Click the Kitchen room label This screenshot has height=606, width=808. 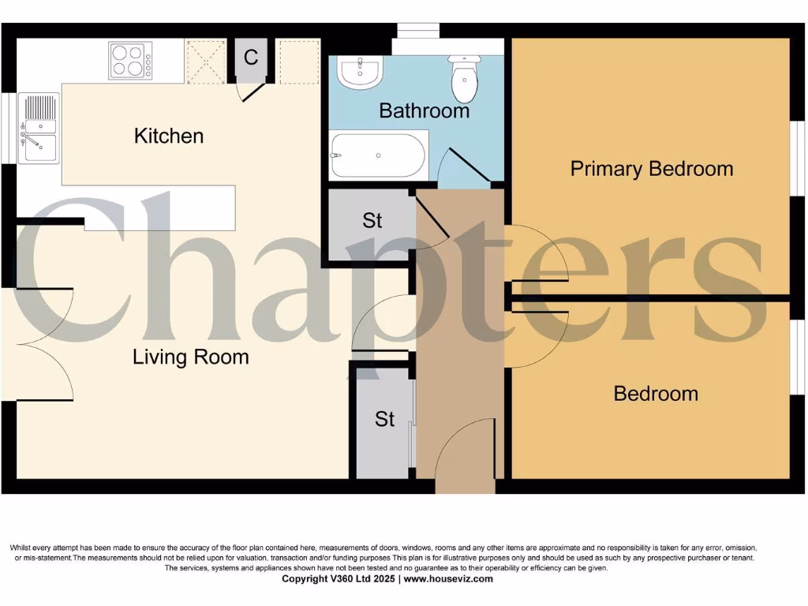click(169, 136)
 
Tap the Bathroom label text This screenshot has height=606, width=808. click(424, 110)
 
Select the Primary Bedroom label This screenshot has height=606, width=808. click(651, 168)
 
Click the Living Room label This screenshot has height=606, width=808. click(191, 357)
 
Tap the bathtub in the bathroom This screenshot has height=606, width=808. click(378, 155)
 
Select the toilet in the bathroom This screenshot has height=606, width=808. click(464, 77)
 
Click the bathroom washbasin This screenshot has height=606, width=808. click(360, 73)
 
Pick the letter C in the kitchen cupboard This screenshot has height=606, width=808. click(251, 58)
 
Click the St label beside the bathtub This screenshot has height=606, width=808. click(372, 221)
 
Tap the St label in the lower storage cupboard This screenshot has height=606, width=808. click(384, 419)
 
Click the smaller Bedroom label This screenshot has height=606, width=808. click(656, 393)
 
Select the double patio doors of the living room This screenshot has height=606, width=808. click(43, 345)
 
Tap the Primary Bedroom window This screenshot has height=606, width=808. click(797, 158)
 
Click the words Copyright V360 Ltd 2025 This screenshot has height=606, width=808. click(340, 578)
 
